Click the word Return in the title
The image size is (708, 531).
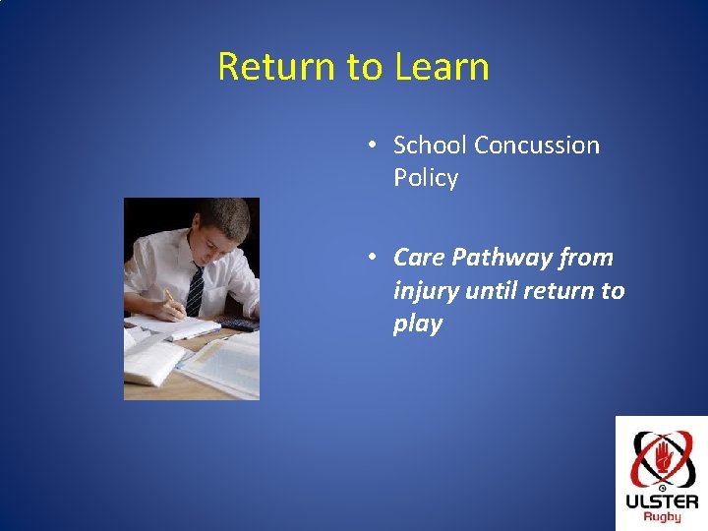[x=276, y=67]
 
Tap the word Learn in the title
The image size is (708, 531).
[x=442, y=67]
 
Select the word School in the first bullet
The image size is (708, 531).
[x=430, y=146]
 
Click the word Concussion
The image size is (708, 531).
[x=537, y=146]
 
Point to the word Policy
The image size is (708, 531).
[x=426, y=178]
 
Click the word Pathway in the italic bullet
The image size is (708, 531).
[x=501, y=258]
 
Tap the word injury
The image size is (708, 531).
[x=426, y=291]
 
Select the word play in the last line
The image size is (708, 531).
[x=418, y=324]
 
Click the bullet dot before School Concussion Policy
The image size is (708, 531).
[x=372, y=146]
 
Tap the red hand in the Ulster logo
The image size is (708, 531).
[x=663, y=456]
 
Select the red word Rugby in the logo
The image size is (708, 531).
[x=662, y=517]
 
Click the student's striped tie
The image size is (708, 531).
[x=195, y=290]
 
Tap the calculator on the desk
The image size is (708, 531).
[x=237, y=324]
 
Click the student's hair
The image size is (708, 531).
[x=227, y=216]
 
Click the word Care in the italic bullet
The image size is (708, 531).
[x=419, y=258]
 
